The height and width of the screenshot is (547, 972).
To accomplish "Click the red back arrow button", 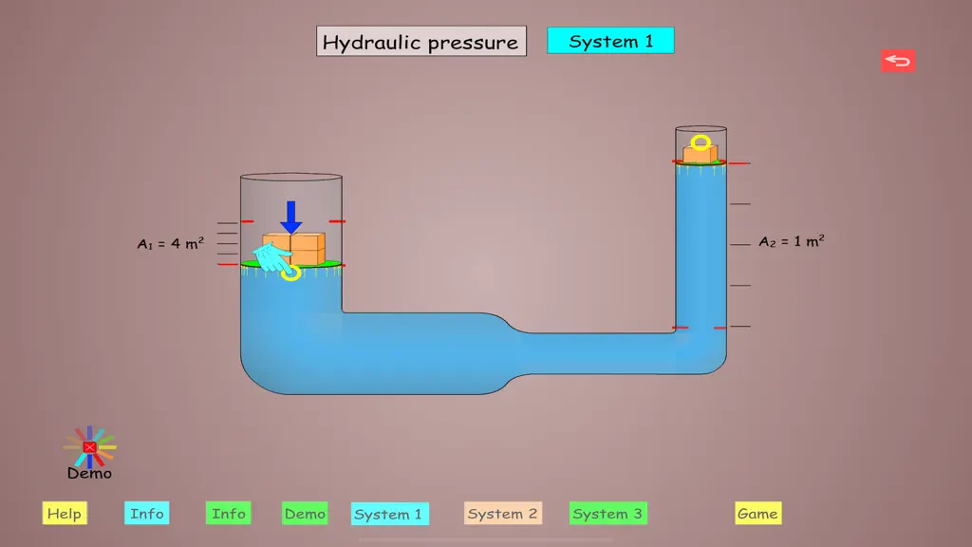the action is (898, 61).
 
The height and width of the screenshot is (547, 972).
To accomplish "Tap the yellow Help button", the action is (65, 514).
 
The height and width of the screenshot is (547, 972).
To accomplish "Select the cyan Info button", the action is (147, 514).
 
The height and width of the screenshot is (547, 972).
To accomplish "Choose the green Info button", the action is (228, 514).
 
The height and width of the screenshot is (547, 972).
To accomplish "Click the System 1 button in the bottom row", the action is (389, 514).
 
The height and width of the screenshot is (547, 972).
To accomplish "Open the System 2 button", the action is (503, 514).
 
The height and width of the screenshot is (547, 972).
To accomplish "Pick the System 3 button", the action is (608, 514).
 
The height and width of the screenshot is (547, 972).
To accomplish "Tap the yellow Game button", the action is (758, 514).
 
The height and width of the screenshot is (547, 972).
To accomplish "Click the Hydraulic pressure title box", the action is (421, 41).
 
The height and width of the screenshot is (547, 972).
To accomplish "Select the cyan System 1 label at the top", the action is (610, 41).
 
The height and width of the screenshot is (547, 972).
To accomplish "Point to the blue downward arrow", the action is (290, 217).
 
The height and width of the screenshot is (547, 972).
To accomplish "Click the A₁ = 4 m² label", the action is (171, 243).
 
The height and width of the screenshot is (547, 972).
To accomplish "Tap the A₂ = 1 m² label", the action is (792, 241).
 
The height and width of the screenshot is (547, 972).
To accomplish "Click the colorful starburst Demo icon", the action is (90, 446).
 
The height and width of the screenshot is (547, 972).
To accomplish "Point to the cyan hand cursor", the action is (272, 258).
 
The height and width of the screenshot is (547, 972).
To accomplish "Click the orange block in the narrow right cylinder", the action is (701, 153).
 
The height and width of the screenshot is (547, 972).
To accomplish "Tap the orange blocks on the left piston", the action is (295, 249).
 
